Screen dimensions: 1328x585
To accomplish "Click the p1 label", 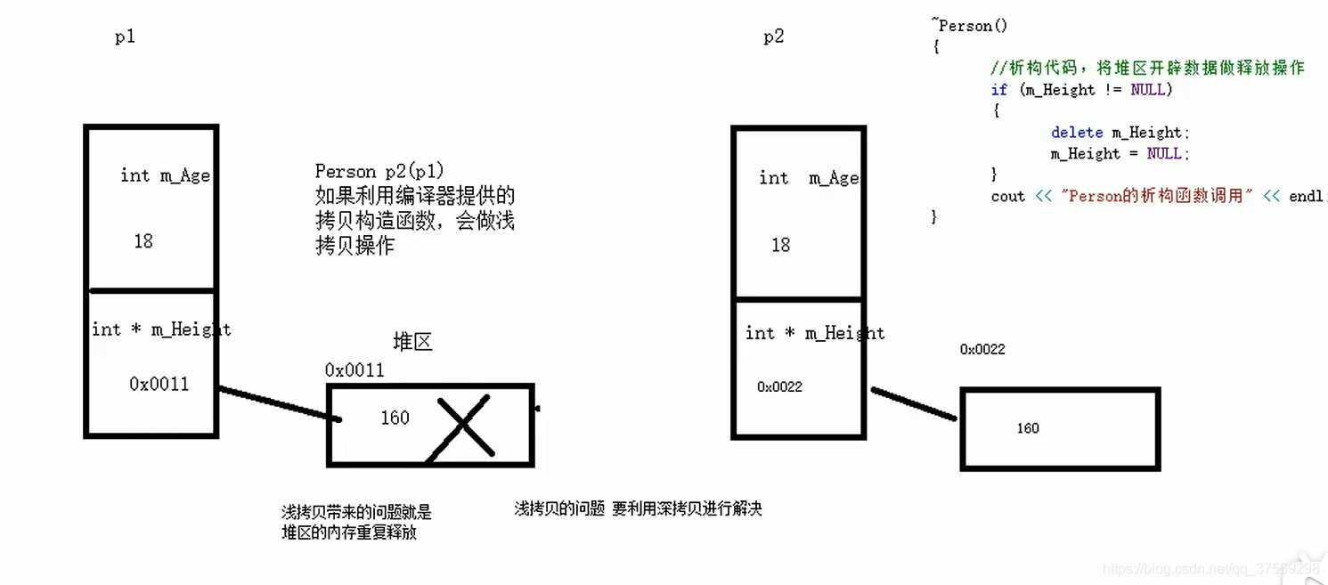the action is [125, 37].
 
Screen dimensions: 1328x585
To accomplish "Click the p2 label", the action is [773, 37].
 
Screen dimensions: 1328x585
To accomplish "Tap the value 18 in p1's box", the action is [143, 241].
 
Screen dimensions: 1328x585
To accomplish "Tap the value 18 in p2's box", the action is [781, 245].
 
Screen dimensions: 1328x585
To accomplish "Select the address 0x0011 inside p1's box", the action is [159, 385].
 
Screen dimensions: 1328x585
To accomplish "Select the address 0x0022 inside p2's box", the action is [779, 387].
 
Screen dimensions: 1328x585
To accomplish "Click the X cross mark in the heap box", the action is [464, 427].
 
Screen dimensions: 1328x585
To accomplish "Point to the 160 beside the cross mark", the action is [395, 418].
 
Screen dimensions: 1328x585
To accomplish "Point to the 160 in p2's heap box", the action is [1028, 428].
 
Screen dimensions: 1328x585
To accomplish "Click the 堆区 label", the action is [412, 343].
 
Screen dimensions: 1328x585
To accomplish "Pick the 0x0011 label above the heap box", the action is [354, 370].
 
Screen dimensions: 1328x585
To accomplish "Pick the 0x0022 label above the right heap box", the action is [982, 350].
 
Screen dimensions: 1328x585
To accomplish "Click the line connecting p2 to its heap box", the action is [914, 403].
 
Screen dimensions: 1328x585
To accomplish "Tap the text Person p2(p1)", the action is [379, 171].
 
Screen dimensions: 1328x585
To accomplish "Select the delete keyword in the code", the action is [1076, 133].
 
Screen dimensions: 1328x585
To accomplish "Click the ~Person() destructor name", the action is [971, 26].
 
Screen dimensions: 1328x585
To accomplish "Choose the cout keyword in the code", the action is [1007, 197].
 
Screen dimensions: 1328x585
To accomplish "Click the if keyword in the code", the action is [998, 90].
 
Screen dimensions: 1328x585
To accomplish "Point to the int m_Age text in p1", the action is [165, 175].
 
